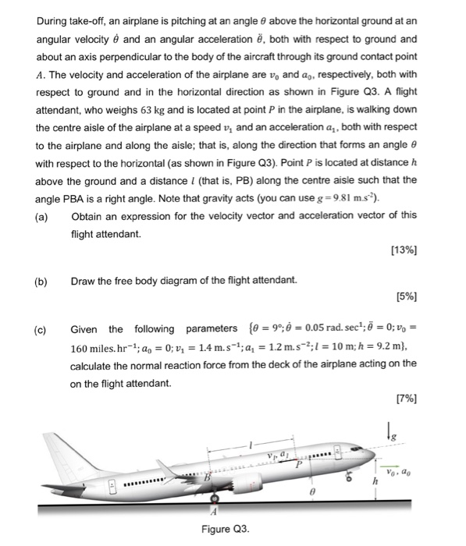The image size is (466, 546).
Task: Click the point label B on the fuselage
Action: click(x=207, y=477)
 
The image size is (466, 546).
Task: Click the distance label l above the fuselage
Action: click(x=251, y=441)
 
